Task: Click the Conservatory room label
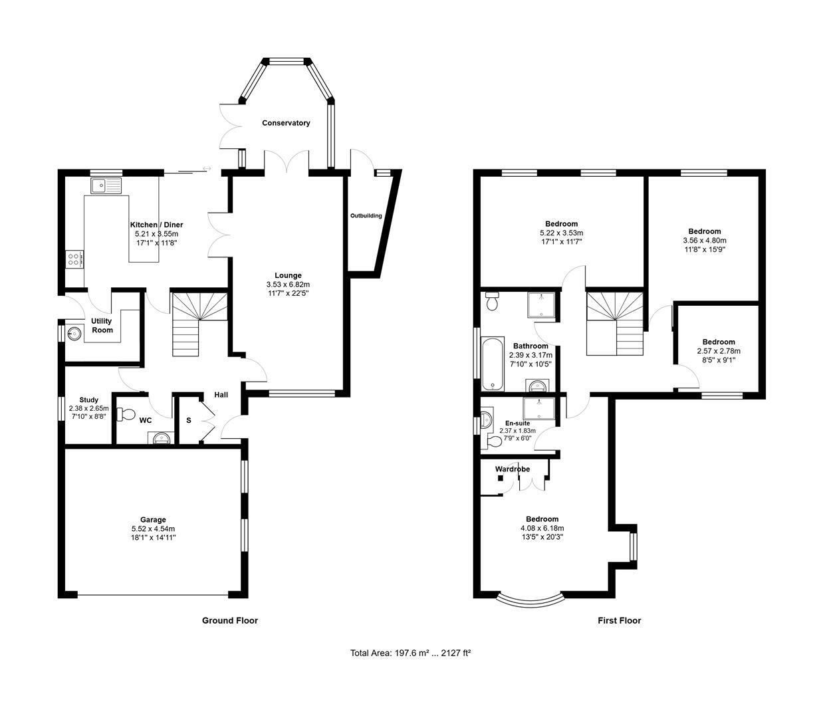[x=286, y=123]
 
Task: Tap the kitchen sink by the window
[x=106, y=185]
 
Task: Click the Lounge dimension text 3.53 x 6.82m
[x=288, y=285]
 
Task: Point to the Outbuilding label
[x=366, y=215]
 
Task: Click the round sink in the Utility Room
[x=74, y=334]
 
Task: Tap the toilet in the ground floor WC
[x=126, y=415]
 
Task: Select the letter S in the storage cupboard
[x=189, y=420]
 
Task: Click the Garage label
[x=153, y=520]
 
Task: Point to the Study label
[x=88, y=400]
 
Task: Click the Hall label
[x=221, y=395]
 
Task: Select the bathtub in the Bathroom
[x=493, y=364]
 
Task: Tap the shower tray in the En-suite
[x=538, y=409]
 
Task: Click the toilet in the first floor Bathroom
[x=493, y=301]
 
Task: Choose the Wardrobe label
[x=512, y=469]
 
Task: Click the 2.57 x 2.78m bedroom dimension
[x=719, y=351]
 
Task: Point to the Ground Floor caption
[x=230, y=620]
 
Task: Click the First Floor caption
[x=619, y=620]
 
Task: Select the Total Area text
[x=410, y=664]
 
